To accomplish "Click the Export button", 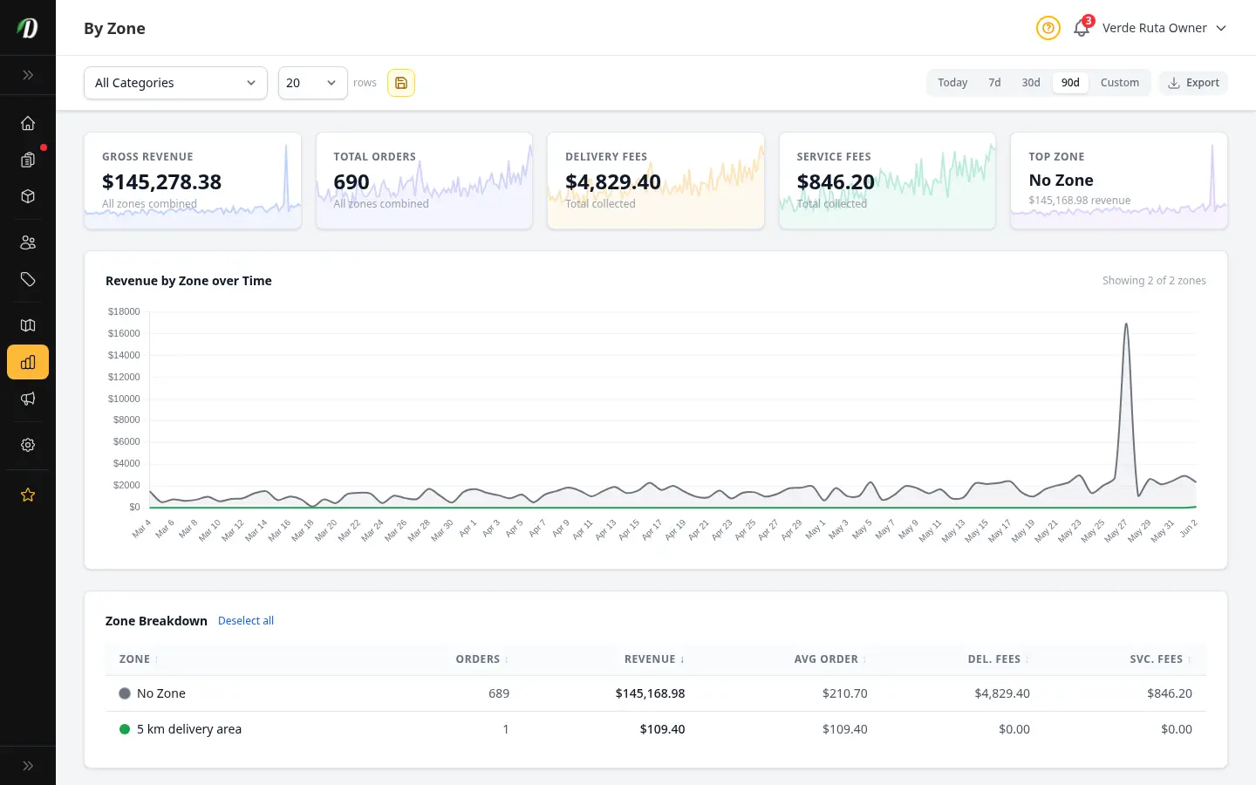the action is point(1193,83).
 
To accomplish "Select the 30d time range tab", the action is point(1031,83).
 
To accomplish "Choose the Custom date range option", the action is point(1119,83).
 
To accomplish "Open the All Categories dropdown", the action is point(175,83).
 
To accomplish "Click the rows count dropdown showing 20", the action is point(313,83).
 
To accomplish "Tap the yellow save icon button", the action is point(401,83).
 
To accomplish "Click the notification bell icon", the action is point(1081,28).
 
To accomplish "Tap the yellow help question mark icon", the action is point(1048,28).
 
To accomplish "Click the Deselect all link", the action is point(246,621).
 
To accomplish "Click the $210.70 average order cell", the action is point(844,693).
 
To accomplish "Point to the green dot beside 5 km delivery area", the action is point(125,729).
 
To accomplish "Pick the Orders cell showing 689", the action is point(499,693).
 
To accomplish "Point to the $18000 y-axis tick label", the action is point(124,311).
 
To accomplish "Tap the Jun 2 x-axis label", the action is point(1188,529).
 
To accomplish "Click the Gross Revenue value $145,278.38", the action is point(161,181).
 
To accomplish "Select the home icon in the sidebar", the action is point(28,123).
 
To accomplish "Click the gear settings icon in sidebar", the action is point(28,445).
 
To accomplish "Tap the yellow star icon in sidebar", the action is point(28,495).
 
